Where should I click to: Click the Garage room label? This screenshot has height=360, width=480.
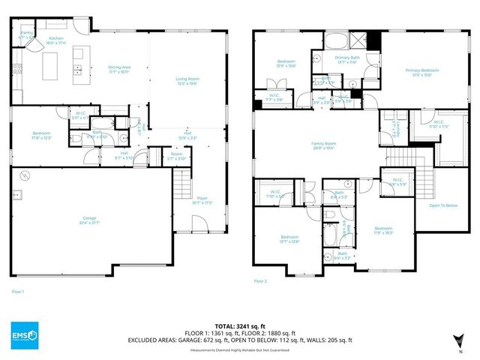tap(91, 221)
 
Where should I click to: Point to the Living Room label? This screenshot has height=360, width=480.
tap(187, 82)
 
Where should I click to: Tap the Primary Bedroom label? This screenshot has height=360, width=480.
tap(421, 72)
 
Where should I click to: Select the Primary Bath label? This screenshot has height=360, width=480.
tap(347, 59)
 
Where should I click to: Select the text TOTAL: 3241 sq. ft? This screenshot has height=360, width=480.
tap(240, 317)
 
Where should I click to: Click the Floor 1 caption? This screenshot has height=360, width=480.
tap(18, 291)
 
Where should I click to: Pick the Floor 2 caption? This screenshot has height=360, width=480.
tap(260, 280)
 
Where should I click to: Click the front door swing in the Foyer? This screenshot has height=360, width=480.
tap(199, 223)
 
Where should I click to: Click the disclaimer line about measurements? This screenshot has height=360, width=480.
tap(240, 349)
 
